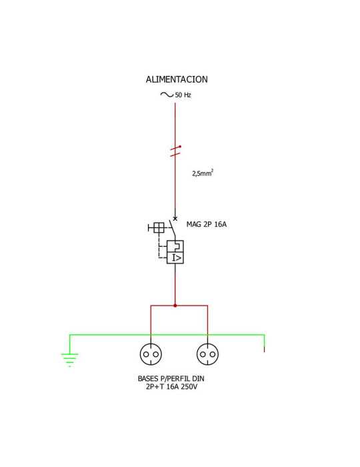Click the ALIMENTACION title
coord(177,79)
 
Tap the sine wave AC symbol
coord(167,95)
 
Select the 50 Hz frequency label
coord(183,95)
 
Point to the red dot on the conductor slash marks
coord(180,146)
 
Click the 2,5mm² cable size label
coord(203,173)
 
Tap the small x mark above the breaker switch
coord(175,219)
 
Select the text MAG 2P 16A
coord(207,224)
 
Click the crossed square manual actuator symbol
coord(159,228)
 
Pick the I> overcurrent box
coord(175,258)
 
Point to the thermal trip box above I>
coord(175,246)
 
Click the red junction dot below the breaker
coord(175,306)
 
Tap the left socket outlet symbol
coord(151,354)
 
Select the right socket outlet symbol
coord(208,354)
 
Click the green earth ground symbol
coord(69,360)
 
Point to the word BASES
coord(148,379)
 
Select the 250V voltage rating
coord(189,387)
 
